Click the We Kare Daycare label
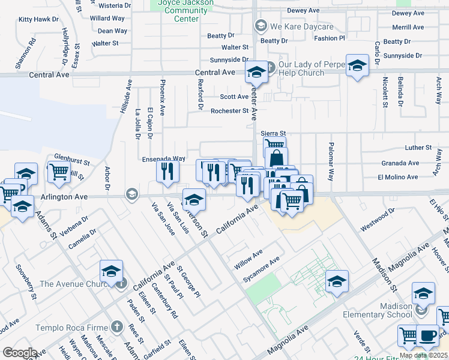click(301, 26)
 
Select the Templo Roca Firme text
click(71, 328)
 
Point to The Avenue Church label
click(77, 284)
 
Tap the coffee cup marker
click(427, 335)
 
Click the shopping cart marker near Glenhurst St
click(59, 172)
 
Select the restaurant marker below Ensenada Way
click(168, 171)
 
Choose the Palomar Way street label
click(330, 161)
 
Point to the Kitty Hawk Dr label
click(38, 19)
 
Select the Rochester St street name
click(229, 110)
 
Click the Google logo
click(20, 353)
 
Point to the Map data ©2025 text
click(423, 355)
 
